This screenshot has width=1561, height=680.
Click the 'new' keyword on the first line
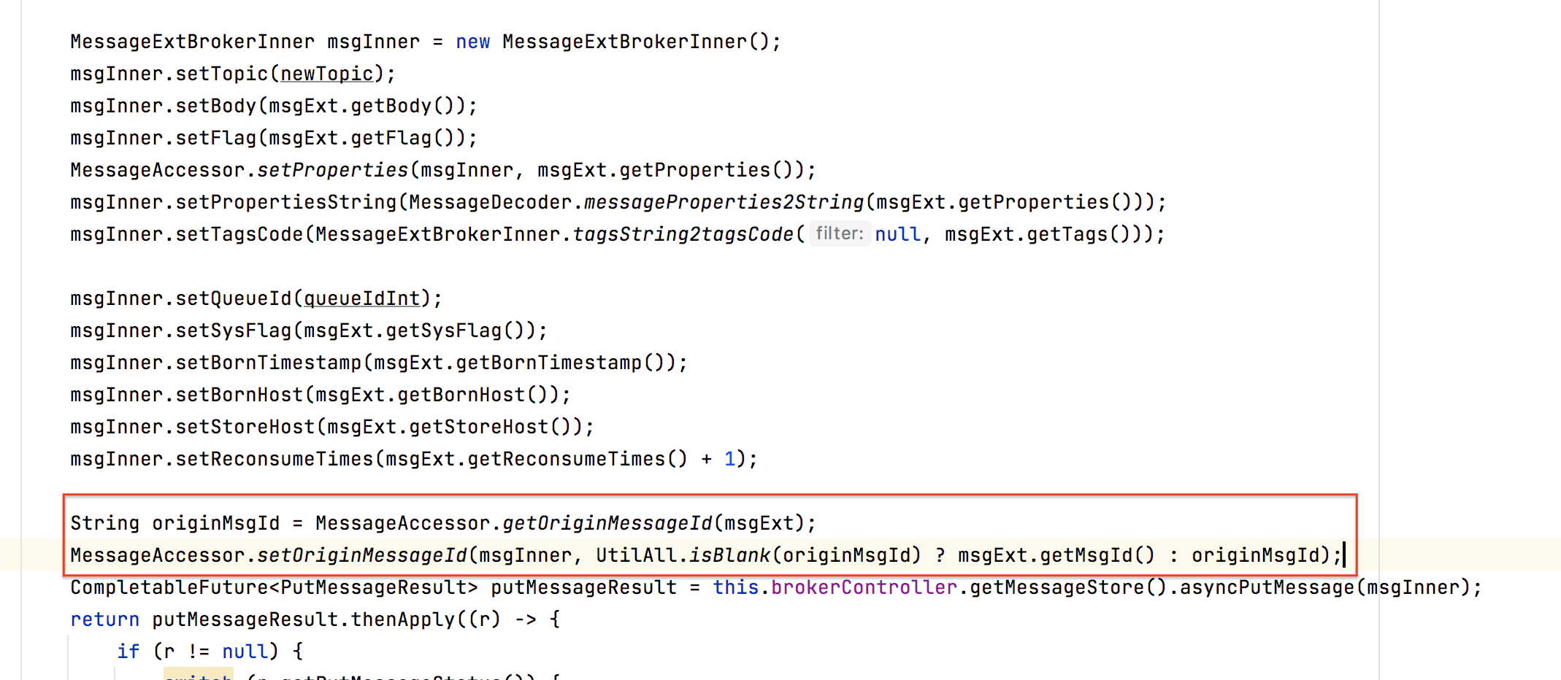pos(472,42)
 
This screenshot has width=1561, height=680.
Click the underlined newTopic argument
pos(326,74)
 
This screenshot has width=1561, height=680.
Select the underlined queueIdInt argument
pos(361,299)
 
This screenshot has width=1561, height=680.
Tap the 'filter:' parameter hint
pos(839,234)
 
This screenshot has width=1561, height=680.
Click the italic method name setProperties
pos(332,171)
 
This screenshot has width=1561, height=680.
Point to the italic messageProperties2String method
pos(724,203)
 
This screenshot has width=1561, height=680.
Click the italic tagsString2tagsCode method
pos(683,235)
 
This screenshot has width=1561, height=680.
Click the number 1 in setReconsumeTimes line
pos(729,460)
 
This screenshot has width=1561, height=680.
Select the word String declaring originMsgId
pos(104,524)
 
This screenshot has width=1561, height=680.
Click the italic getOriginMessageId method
pos(607,524)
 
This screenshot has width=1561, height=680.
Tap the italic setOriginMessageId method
pos(361,556)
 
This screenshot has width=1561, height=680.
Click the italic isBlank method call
pos(729,556)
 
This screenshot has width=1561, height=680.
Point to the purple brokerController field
pos(864,588)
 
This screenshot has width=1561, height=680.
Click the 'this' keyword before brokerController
pos(735,588)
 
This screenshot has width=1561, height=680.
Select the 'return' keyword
pos(104,620)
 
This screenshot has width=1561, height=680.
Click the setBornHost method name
pos(239,395)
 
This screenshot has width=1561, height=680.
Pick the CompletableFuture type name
pos(169,588)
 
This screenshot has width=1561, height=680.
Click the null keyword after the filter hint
pos(898,235)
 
